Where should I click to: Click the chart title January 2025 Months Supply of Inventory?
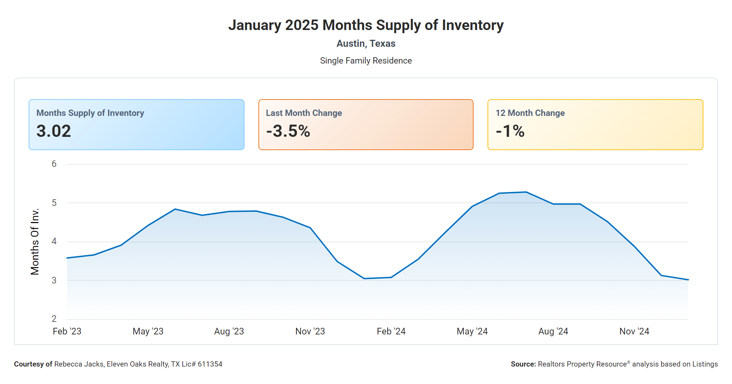[x=366, y=25]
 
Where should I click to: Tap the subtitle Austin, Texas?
[x=366, y=44]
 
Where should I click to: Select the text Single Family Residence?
[x=366, y=61]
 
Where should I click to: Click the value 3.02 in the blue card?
[x=54, y=131]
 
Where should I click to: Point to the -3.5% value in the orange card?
[x=288, y=131]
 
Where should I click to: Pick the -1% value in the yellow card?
[x=510, y=131]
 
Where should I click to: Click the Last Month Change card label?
[x=304, y=113]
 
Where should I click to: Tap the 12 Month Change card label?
[x=530, y=113]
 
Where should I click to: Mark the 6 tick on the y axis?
[x=54, y=164]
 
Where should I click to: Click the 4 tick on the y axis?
[x=54, y=242]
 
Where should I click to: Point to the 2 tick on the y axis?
[x=54, y=319]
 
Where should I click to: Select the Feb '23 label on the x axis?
[x=67, y=331]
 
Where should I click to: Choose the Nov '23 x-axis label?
[x=310, y=331]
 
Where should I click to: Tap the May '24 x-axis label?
[x=472, y=331]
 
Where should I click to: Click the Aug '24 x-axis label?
[x=553, y=331]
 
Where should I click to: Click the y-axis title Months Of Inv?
[x=35, y=242]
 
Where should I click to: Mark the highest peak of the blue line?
[x=526, y=192]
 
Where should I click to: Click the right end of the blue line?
[x=688, y=280]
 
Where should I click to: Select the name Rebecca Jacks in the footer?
[x=79, y=364]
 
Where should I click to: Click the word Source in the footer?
[x=523, y=364]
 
